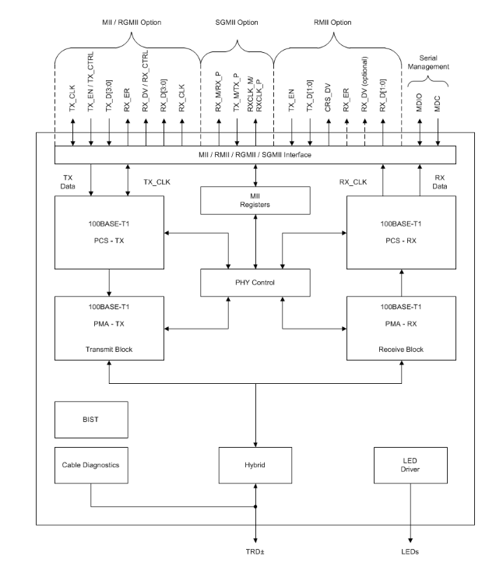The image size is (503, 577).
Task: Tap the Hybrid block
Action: [256, 466]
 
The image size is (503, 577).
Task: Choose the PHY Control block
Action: [255, 282]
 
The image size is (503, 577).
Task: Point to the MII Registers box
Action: [255, 202]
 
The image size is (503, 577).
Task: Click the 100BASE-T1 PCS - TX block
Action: [109, 231]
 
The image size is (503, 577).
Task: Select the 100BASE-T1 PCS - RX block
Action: [400, 231]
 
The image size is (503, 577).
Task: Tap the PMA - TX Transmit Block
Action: [109, 329]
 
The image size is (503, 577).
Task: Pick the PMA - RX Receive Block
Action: [400, 329]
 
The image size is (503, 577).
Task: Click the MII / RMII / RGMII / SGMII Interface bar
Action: [255, 154]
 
